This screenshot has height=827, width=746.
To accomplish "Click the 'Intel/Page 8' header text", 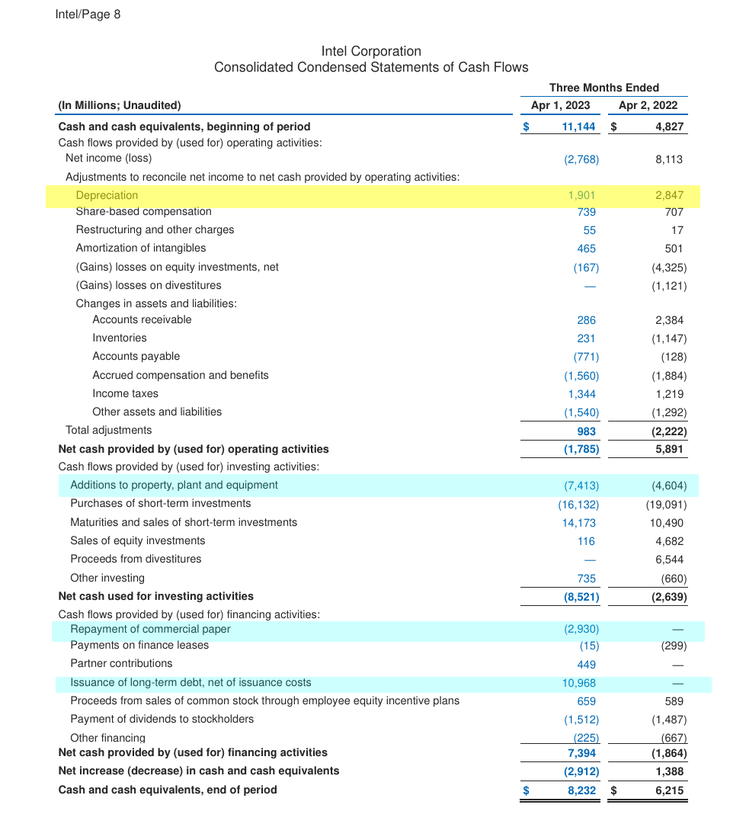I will coord(88,14).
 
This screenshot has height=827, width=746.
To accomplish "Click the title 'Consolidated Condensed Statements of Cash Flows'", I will coord(371,67).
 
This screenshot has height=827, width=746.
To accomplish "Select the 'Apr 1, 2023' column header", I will coord(560,106).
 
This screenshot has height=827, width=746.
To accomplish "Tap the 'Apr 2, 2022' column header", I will coord(648,106).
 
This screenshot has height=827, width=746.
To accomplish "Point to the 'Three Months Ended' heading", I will coord(604,88).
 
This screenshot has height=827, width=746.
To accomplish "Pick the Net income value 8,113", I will coord(668,159).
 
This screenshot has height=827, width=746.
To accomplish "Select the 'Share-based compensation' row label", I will coord(143,211).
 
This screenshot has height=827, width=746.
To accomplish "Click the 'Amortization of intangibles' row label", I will coord(140,248).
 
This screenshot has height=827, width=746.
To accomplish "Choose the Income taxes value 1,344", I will coord(581,394).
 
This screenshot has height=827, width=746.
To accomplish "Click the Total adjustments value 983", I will coord(586,431).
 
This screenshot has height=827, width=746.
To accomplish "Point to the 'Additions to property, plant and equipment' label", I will coord(174,485).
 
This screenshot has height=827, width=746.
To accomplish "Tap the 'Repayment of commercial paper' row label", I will coord(150,629).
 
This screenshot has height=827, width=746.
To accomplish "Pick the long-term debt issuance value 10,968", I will coord(578,683).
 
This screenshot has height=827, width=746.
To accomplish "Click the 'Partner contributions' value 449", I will coord(586,664).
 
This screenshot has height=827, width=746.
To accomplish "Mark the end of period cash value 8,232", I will coord(581,790).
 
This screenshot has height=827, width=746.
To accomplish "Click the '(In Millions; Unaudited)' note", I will coord(120,105).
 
